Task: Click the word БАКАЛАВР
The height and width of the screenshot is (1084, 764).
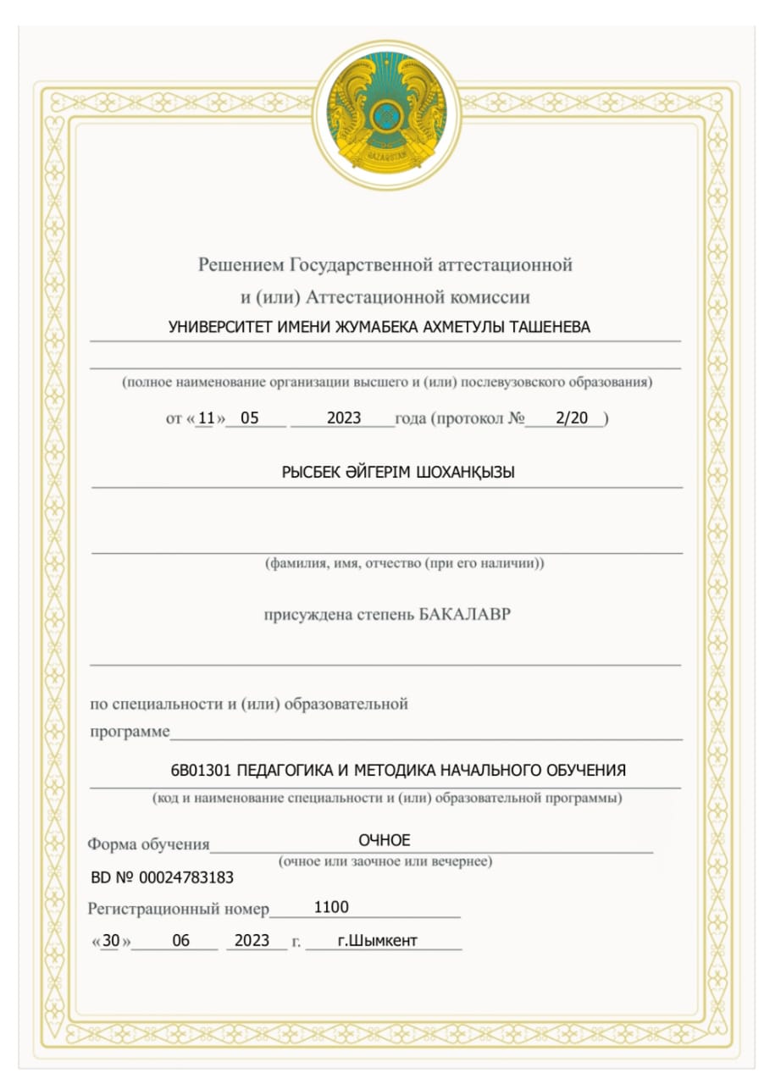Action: coord(465,614)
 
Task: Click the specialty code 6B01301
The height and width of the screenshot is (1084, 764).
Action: coord(201,771)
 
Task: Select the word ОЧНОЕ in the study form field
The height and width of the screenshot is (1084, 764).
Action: coord(384,840)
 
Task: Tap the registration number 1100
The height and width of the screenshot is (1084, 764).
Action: coord(331,908)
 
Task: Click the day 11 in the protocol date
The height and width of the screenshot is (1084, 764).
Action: coord(205,418)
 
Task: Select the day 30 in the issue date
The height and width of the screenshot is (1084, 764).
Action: coord(111,941)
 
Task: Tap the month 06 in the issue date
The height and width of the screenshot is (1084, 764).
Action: coord(180,941)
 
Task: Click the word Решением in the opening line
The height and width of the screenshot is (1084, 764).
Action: coord(241,265)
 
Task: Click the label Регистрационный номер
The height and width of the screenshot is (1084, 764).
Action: coord(178,910)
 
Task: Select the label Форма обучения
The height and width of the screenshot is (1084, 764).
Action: coord(148,844)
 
